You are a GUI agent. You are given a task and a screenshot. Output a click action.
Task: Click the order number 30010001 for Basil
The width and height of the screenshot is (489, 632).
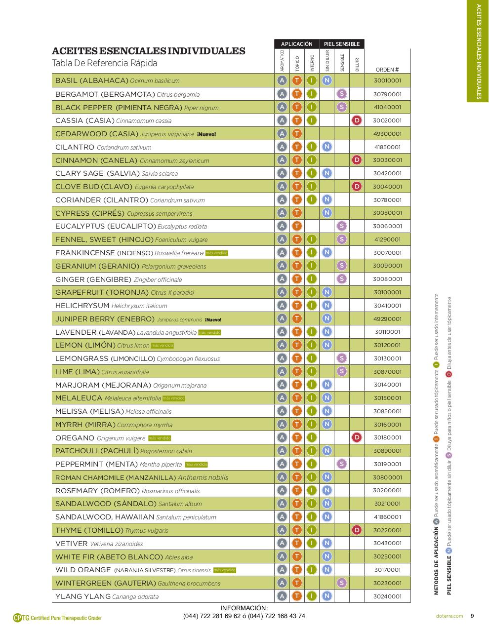pyautogui.click(x=387, y=80)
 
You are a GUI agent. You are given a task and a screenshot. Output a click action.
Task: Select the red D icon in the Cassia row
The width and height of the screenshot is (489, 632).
pyautogui.click(x=356, y=120)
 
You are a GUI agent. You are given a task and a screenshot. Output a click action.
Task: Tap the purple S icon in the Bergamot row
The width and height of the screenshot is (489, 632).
pyautogui.click(x=341, y=94)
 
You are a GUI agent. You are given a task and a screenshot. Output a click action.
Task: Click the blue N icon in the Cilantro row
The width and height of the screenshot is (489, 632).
pyautogui.click(x=326, y=147)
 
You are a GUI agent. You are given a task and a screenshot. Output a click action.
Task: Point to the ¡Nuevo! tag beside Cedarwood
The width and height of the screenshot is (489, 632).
pyautogui.click(x=206, y=134)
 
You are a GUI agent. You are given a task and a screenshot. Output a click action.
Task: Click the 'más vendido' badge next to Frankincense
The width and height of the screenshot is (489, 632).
pyautogui.click(x=217, y=253)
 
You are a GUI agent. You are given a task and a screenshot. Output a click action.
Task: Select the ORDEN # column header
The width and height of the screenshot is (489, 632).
pyautogui.click(x=387, y=70)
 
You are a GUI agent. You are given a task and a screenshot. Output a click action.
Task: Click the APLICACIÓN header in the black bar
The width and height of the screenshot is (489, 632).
pyautogui.click(x=296, y=44)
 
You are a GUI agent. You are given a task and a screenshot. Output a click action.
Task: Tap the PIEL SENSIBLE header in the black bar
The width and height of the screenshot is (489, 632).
pyautogui.click(x=342, y=44)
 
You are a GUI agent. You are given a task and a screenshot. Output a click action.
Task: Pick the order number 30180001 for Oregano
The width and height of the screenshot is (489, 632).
pyautogui.click(x=387, y=437)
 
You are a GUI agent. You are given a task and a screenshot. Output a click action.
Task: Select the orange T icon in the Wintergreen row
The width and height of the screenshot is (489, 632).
pyautogui.click(x=296, y=583)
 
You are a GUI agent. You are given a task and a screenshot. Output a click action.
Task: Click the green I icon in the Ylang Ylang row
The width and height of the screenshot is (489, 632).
pyautogui.click(x=312, y=596)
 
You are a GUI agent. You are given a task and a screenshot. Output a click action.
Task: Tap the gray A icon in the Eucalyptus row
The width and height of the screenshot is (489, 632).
pyautogui.click(x=282, y=226)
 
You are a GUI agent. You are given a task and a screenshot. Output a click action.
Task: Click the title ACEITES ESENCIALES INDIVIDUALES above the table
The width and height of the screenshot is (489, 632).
pyautogui.click(x=148, y=51)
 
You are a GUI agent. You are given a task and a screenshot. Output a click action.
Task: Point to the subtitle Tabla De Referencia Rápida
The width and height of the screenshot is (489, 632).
pyautogui.click(x=105, y=63)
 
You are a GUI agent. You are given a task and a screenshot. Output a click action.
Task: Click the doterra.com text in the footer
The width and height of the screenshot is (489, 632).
pyautogui.click(x=450, y=616)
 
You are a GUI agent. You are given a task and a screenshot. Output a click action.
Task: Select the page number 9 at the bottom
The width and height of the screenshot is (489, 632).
pyautogui.click(x=472, y=616)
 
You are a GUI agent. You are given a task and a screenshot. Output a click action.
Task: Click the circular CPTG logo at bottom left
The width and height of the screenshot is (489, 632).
pyautogui.click(x=18, y=617)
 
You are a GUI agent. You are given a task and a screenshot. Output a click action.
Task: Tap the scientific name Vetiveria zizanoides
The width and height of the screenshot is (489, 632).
pyautogui.click(x=116, y=544)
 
